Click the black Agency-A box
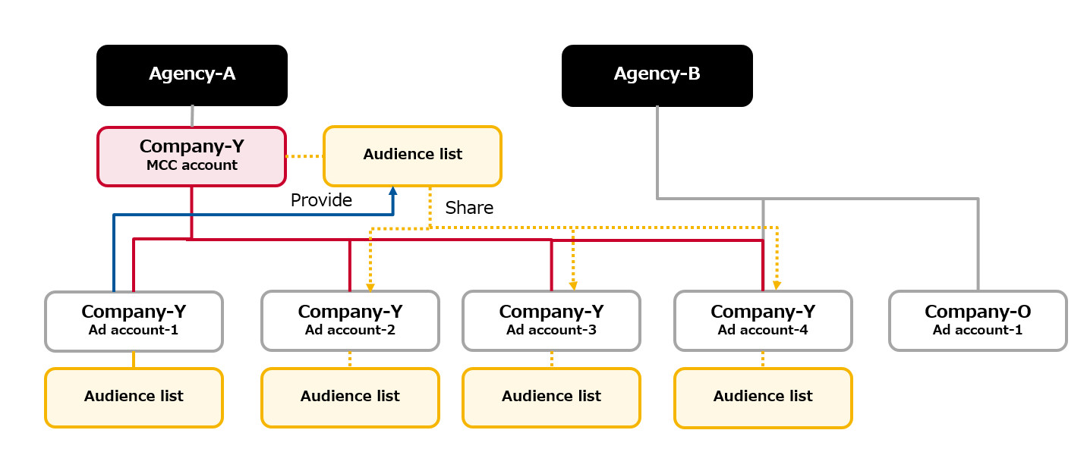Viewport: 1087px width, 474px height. [191, 74]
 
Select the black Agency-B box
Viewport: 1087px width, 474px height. [657, 74]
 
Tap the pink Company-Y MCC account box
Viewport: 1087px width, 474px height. [191, 155]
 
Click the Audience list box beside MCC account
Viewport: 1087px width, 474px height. [412, 155]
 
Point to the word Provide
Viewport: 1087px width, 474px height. [321, 200]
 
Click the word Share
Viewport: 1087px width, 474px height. [469, 208]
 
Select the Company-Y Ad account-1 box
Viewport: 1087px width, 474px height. [134, 321]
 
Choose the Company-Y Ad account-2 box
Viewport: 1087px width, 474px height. [350, 321]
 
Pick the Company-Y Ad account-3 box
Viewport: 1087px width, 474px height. [551, 321]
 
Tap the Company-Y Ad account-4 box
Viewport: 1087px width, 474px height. [763, 321]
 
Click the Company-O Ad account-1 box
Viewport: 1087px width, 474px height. [978, 321]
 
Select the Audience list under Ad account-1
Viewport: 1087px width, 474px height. [134, 397]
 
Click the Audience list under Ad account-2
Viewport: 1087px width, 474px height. [350, 397]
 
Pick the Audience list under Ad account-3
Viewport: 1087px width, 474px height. [551, 397]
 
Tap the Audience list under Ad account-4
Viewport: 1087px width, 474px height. [763, 397]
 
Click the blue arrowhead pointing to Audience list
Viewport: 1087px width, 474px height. [393, 191]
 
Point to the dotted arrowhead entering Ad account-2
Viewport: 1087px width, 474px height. [370, 287]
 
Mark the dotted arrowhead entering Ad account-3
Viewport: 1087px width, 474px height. [573, 287]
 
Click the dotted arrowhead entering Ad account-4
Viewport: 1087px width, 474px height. [777, 286]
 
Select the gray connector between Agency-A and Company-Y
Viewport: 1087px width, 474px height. [192, 116]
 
